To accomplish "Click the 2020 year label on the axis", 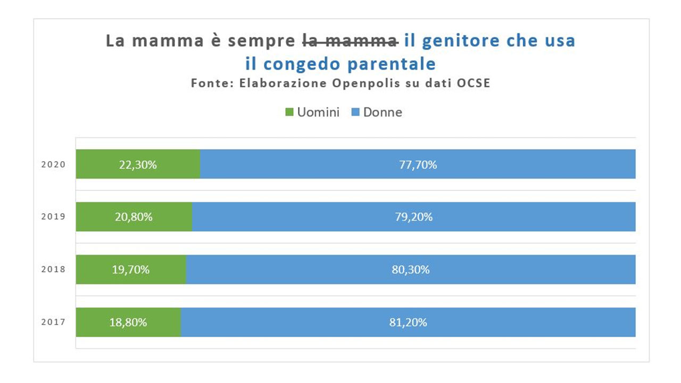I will click(53, 164).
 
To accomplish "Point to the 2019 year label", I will click(53, 217).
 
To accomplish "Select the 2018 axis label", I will click(53, 269).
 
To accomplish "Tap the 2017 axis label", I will click(53, 322).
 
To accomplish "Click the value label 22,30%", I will click(138, 165).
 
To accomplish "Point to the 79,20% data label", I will click(414, 217).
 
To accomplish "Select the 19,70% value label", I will click(130, 270).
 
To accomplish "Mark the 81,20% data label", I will click(408, 322).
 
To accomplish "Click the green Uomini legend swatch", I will click(290, 112).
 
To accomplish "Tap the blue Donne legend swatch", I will click(355, 112).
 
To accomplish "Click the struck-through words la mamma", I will click(350, 41).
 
